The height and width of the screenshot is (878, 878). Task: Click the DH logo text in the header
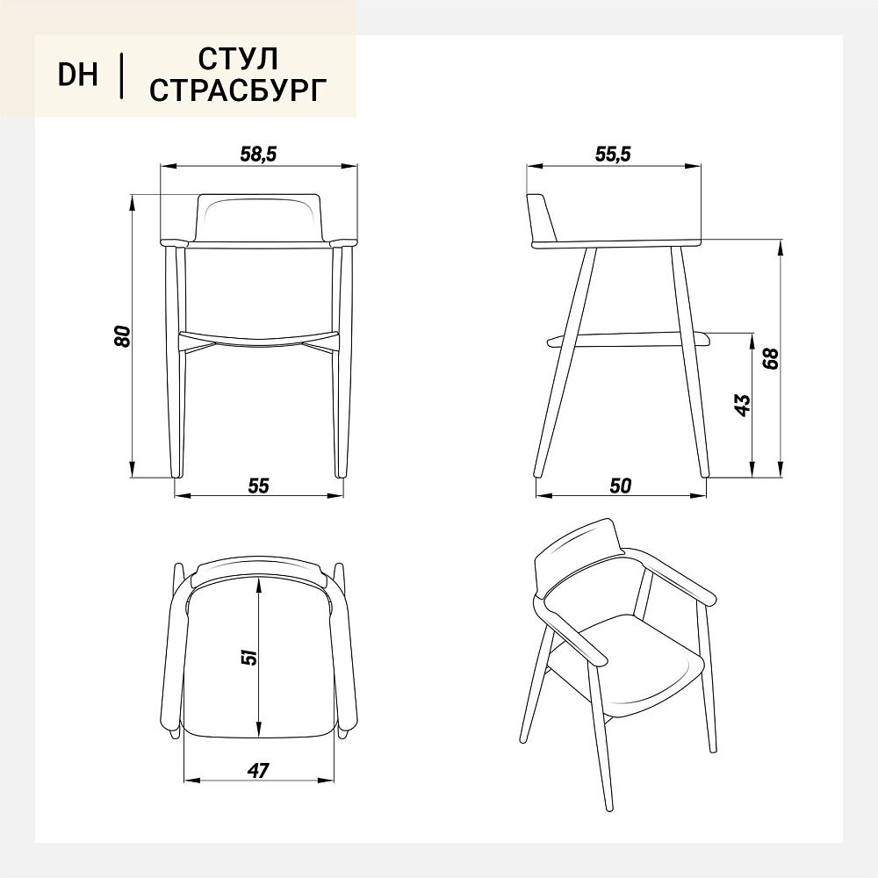[x=78, y=75]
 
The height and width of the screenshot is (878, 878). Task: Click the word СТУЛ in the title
[x=238, y=58]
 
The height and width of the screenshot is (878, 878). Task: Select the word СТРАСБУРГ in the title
[x=238, y=90]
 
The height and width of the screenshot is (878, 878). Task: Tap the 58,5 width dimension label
[x=259, y=154]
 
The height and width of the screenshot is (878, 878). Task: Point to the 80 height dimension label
[x=123, y=335]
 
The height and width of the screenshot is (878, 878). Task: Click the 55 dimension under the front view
[x=259, y=486]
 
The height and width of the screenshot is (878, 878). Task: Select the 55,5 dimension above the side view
[x=613, y=154]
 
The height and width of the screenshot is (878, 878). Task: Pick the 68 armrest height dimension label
[x=771, y=358]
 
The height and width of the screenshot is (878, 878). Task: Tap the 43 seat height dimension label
[x=742, y=406]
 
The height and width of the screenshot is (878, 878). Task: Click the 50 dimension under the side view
[x=621, y=486]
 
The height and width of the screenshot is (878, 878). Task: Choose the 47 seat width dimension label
[x=258, y=771]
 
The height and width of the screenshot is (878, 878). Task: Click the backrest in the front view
[x=259, y=219]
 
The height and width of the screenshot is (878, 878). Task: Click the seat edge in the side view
[x=629, y=339]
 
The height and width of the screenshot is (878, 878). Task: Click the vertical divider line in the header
[x=121, y=75]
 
